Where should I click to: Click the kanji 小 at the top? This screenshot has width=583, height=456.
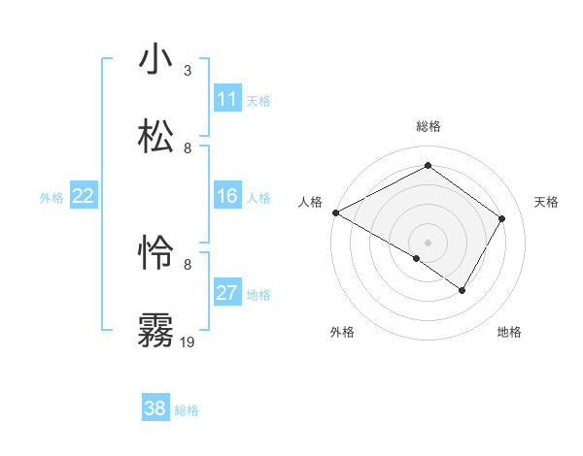pyautogui.click(x=156, y=60)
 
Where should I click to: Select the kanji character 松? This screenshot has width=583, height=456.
pyautogui.click(x=156, y=137)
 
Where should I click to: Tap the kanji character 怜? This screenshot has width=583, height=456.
pyautogui.click(x=156, y=253)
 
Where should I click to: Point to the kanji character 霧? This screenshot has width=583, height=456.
pyautogui.click(x=156, y=330)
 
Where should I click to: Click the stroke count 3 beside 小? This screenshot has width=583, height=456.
pyautogui.click(x=188, y=71)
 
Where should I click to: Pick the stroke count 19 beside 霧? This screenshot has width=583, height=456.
pyautogui.click(x=188, y=342)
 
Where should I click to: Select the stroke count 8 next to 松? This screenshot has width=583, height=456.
pyautogui.click(x=188, y=147)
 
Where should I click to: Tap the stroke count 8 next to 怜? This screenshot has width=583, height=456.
pyautogui.click(x=188, y=264)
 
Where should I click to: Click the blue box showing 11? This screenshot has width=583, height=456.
pyautogui.click(x=227, y=99)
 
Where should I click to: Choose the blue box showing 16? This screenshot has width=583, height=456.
pyautogui.click(x=227, y=196)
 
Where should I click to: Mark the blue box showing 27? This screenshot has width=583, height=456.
pyautogui.click(x=227, y=293)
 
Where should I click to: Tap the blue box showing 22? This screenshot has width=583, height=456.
pyautogui.click(x=84, y=196)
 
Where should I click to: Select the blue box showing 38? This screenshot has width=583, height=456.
pyautogui.click(x=155, y=408)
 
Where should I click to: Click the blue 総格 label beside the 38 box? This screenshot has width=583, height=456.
pyautogui.click(x=187, y=410)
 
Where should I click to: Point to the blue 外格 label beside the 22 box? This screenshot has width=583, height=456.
pyautogui.click(x=51, y=198)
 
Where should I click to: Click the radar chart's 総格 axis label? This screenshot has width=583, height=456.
pyautogui.click(x=428, y=126)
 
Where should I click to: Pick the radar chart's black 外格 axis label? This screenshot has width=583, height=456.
pyautogui.click(x=342, y=332)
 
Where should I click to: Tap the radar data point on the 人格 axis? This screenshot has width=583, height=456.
pyautogui.click(x=335, y=212)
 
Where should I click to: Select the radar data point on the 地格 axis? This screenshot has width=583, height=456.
pyautogui.click(x=463, y=290)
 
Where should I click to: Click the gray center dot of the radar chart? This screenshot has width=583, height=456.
pyautogui.click(x=428, y=242)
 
